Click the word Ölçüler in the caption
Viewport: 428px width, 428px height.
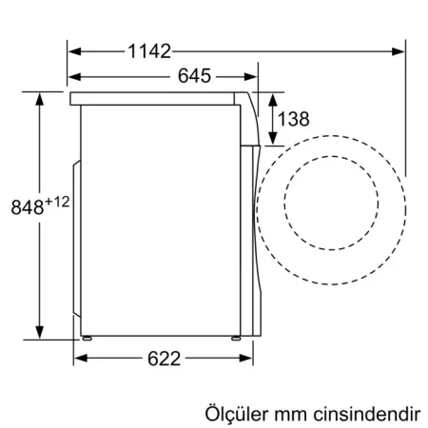click(235, 416)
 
